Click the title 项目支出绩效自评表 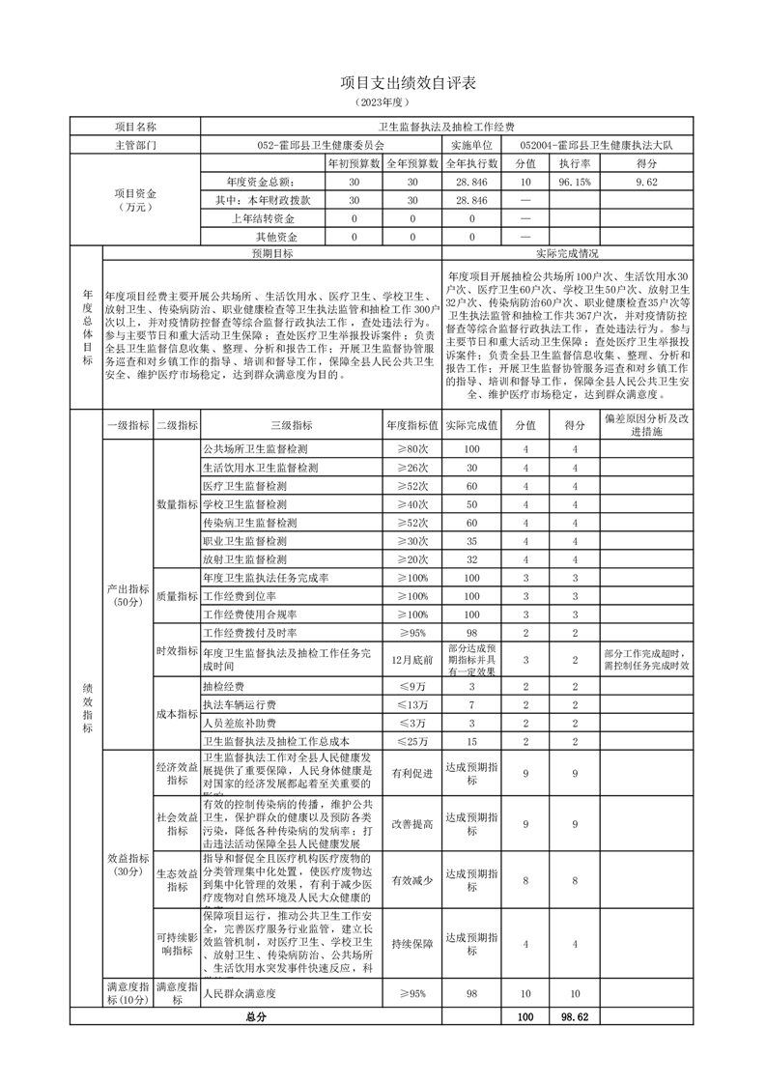(383, 85)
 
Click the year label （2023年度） (383, 102)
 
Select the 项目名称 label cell (135, 127)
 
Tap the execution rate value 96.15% (575, 181)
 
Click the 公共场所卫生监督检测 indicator (255, 449)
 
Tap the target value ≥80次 (412, 449)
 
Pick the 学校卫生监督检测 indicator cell (245, 504)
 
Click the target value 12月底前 (412, 660)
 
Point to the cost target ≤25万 (412, 741)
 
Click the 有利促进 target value (412, 773)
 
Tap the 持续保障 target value (412, 943)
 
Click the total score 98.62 (575, 1017)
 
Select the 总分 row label (255, 1017)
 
